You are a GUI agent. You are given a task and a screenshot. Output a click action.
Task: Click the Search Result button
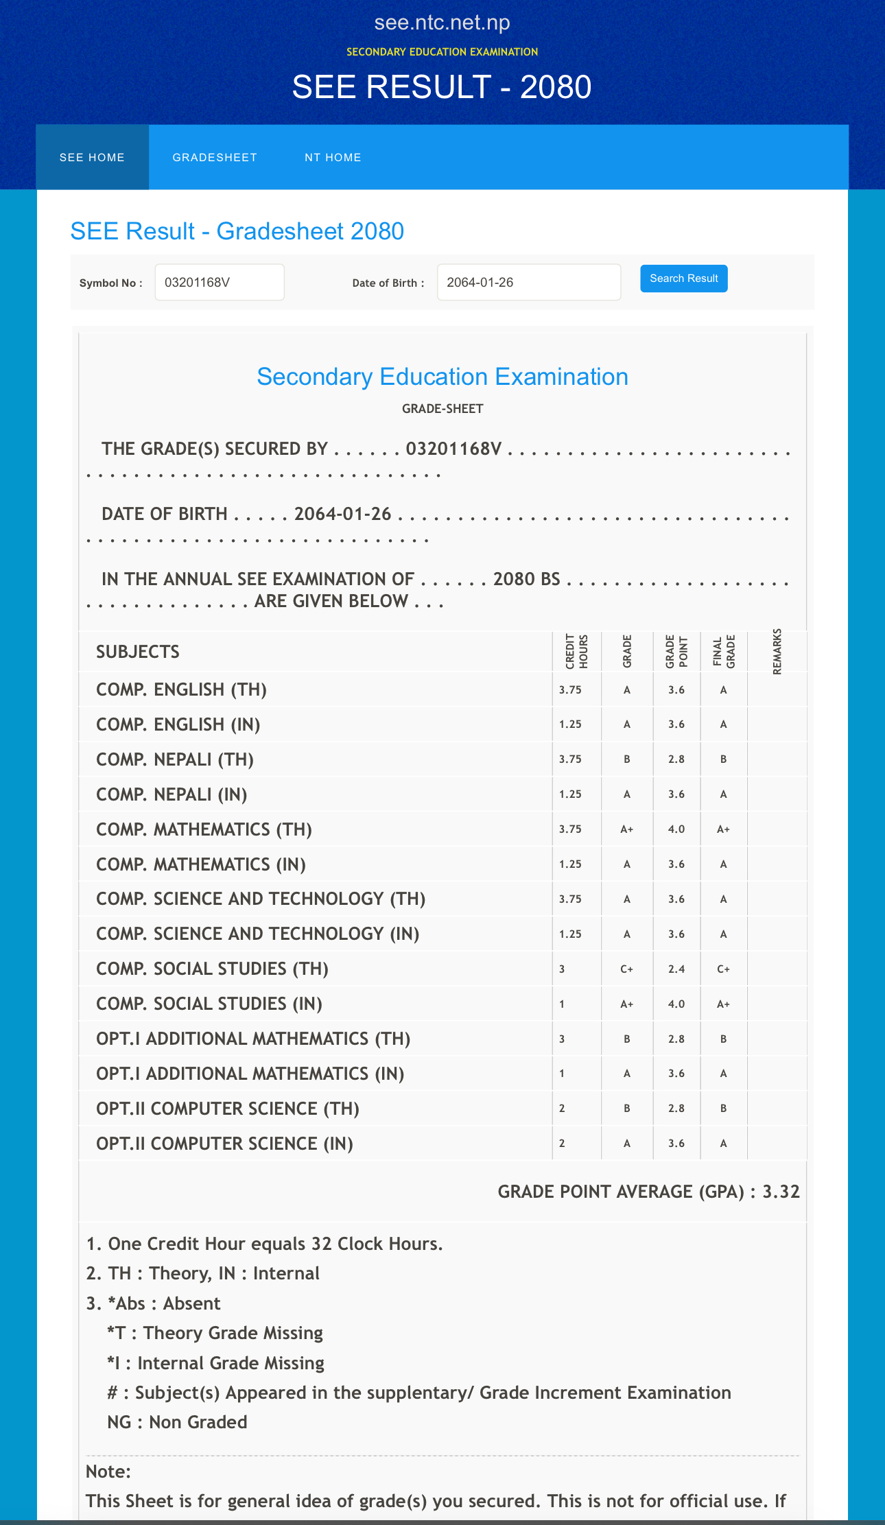click(683, 279)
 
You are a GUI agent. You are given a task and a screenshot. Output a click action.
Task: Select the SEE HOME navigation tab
click(92, 157)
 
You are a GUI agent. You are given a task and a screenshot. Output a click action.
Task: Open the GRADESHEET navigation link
click(215, 157)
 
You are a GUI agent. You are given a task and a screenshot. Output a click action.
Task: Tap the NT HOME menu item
click(333, 157)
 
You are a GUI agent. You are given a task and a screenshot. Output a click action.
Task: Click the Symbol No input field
click(220, 283)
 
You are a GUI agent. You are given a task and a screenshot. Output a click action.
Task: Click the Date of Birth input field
click(528, 283)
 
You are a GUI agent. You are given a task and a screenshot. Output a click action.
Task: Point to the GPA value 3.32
click(781, 1192)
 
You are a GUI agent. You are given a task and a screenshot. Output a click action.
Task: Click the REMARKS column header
click(777, 652)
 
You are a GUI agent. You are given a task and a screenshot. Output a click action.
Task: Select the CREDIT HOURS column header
click(576, 652)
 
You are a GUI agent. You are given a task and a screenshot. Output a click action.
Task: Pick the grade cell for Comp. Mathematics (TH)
click(627, 829)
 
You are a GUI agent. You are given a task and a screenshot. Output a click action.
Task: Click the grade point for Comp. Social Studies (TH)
click(676, 969)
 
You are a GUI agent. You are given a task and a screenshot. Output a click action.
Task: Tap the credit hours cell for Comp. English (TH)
click(570, 690)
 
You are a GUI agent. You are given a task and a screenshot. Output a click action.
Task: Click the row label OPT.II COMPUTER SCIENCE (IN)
click(224, 1144)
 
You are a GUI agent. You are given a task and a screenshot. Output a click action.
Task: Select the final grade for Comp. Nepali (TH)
click(723, 759)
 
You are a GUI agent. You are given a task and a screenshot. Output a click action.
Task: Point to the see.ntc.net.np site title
click(442, 23)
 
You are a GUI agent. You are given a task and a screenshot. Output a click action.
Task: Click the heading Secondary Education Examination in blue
click(442, 377)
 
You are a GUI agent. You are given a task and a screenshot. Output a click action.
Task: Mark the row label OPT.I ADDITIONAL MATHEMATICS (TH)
click(253, 1039)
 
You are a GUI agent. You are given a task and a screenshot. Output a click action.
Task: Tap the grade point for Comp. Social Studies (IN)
click(676, 1004)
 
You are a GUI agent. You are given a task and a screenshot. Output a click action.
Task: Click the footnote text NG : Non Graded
click(177, 1422)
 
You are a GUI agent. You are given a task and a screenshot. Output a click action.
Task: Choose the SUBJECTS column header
click(138, 652)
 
